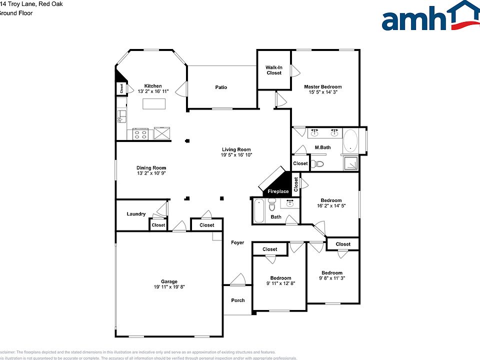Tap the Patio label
221,87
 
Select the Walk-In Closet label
273,70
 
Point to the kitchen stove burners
140,134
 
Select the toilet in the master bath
318,163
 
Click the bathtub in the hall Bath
259,210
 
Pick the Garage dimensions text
169,287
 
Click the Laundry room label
136,214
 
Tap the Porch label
238,300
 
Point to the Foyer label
237,242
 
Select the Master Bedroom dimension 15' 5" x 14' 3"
323,92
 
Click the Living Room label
236,149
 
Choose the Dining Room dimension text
151,173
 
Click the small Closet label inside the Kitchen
121,88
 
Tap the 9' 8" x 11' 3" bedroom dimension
332,278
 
